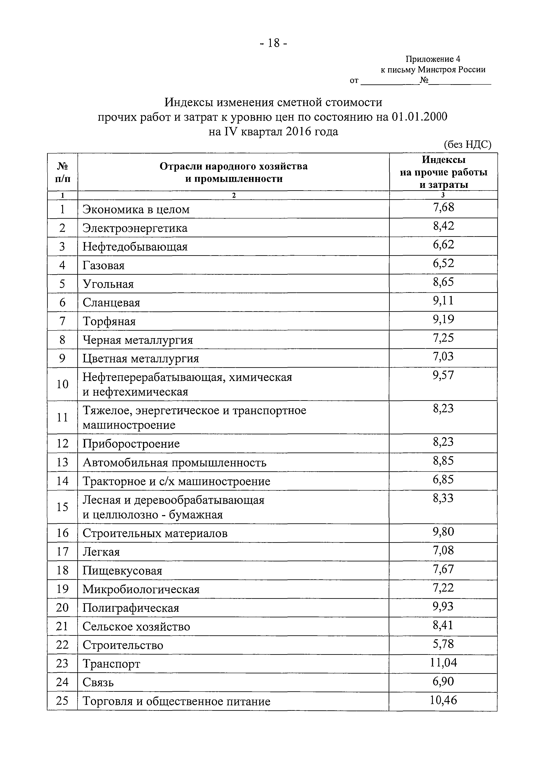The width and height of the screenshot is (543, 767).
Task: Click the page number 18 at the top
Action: [x=273, y=43]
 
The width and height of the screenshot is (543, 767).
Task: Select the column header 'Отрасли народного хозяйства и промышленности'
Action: [x=233, y=172]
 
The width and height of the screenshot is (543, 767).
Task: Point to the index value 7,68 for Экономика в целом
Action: [x=443, y=208]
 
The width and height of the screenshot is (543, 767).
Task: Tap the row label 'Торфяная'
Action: [x=109, y=321]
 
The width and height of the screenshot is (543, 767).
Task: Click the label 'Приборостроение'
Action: [x=131, y=444]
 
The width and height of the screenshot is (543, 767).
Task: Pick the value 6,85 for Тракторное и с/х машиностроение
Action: [x=443, y=479]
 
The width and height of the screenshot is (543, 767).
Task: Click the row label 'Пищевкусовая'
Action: [x=122, y=571]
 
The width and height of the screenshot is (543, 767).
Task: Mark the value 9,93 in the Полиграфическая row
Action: [x=443, y=606]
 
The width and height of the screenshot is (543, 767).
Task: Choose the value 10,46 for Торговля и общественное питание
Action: [x=443, y=699]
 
